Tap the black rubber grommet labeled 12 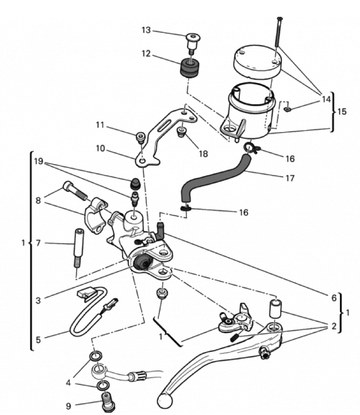click(x=190, y=69)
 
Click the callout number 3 click(x=38, y=299)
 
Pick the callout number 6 click(x=333, y=298)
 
